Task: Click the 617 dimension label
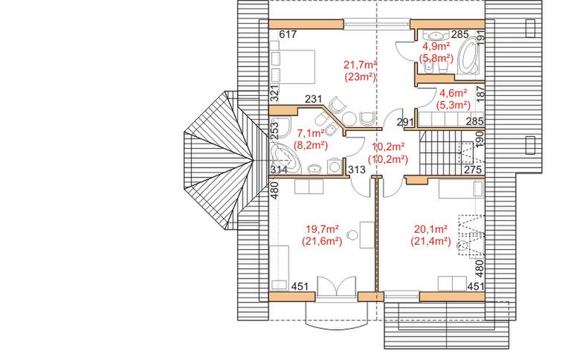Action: click(288, 34)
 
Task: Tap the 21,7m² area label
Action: click(361, 65)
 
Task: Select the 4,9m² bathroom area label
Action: click(436, 46)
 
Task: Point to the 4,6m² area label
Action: click(453, 93)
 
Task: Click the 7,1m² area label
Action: click(311, 133)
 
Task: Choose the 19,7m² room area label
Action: click(322, 229)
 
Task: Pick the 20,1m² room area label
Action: click(430, 229)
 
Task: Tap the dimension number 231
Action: click(314, 99)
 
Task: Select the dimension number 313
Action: click(357, 170)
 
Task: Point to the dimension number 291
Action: click(405, 122)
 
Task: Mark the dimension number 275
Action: click(473, 170)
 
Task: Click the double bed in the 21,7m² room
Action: click(292, 67)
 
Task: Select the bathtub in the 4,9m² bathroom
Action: click(468, 56)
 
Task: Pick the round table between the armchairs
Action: click(349, 118)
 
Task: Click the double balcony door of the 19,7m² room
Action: click(336, 287)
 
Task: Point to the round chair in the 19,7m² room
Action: click(352, 236)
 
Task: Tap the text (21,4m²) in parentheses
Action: click(430, 241)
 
